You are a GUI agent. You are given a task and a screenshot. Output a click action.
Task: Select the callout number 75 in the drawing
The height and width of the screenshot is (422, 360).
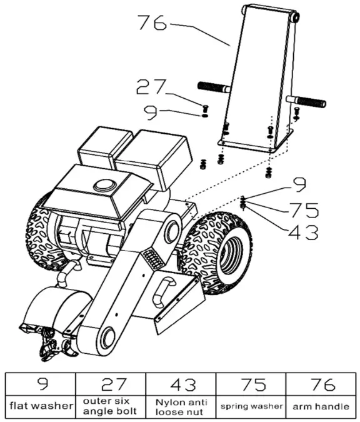(302, 209)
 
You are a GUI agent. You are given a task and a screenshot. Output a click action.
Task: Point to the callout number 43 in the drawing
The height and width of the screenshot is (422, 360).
(302, 233)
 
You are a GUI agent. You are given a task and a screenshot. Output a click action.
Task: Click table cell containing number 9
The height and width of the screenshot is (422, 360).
(41, 383)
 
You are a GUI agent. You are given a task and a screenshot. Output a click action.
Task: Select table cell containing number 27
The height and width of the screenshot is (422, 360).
(111, 383)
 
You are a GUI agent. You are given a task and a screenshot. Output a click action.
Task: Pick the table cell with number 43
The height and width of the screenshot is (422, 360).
(181, 383)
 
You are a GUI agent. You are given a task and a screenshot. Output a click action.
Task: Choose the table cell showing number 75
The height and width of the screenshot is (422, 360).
(251, 383)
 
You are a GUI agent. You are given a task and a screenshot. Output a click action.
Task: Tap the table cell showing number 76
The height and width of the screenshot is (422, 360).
(321, 383)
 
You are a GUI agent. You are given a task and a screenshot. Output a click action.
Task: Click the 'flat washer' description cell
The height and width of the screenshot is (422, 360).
(41, 406)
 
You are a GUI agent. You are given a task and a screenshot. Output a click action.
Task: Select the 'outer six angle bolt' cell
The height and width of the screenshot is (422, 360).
(111, 406)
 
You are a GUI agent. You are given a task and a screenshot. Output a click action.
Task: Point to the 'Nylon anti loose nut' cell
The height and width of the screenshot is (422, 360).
(181, 406)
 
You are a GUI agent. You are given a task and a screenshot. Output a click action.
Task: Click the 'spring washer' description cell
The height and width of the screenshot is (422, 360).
(251, 406)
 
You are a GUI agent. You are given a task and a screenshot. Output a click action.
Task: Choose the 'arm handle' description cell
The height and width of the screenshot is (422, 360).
(321, 406)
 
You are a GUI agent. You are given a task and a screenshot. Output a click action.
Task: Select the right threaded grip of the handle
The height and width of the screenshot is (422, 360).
(309, 101)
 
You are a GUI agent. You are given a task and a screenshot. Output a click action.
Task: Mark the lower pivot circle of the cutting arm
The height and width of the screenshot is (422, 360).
(106, 338)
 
